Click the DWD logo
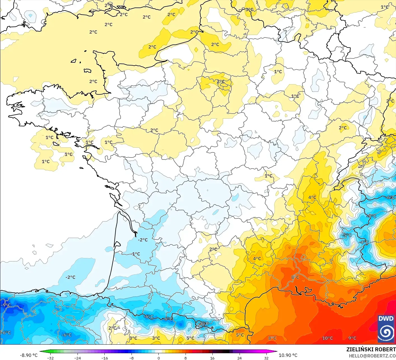[x=386, y=329]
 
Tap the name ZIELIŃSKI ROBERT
[x=371, y=349]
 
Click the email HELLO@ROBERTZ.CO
[x=372, y=356]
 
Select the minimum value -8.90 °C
[x=29, y=355]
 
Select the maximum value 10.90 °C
[x=288, y=355]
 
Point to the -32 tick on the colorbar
[x=50, y=358]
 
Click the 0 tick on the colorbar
[x=158, y=358]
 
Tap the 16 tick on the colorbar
[x=212, y=358]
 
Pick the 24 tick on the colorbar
[x=239, y=358]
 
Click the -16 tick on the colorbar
[x=104, y=358]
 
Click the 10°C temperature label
[x=327, y=338]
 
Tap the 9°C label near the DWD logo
[x=352, y=338]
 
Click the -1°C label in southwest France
[x=136, y=254]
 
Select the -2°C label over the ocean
[x=71, y=277]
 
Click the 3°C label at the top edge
[x=249, y=10]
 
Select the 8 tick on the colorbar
[x=185, y=358]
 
